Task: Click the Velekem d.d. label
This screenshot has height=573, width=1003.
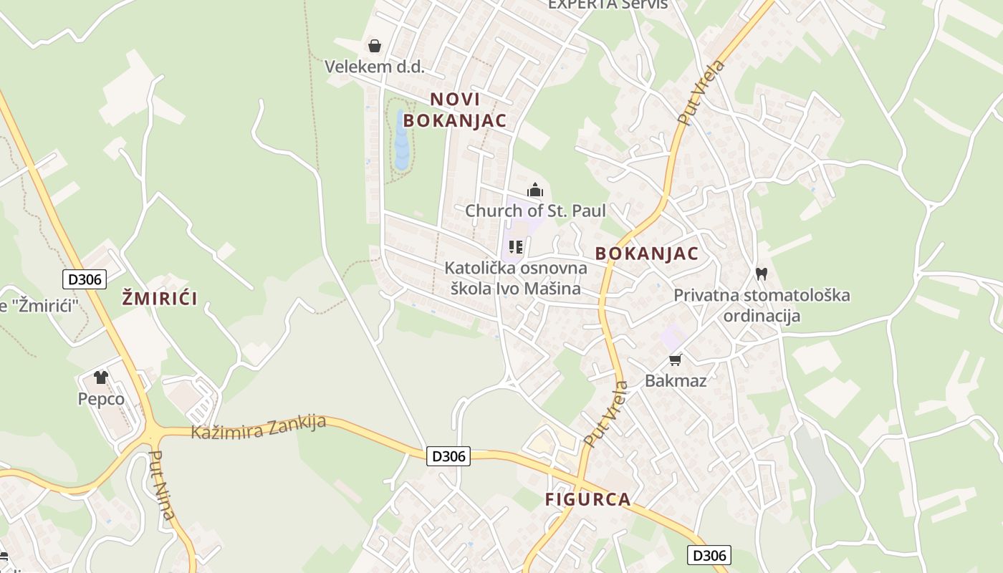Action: pyautogui.click(x=375, y=67)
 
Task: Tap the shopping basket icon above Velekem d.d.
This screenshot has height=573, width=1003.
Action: pyautogui.click(x=374, y=47)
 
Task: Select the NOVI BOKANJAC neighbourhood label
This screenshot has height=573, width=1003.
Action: pyautogui.click(x=454, y=110)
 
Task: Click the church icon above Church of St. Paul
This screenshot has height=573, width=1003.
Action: pyautogui.click(x=535, y=191)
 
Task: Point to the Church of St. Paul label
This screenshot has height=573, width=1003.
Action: pyautogui.click(x=535, y=211)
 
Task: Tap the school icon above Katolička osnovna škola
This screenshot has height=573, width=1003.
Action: pyautogui.click(x=515, y=248)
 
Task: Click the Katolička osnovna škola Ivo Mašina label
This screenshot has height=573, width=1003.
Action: pyautogui.click(x=515, y=279)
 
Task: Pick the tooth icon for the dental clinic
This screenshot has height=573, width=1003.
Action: pyautogui.click(x=761, y=274)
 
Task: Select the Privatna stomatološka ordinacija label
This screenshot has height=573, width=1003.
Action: pyautogui.click(x=762, y=305)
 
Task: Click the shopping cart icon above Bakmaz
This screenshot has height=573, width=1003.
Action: pyautogui.click(x=675, y=360)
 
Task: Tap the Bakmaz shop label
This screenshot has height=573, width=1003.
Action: pyautogui.click(x=676, y=380)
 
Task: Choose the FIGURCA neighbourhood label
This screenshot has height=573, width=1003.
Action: pyautogui.click(x=588, y=499)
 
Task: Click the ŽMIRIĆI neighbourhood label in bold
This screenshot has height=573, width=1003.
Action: pyautogui.click(x=159, y=298)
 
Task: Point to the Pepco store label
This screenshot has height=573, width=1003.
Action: pyautogui.click(x=101, y=399)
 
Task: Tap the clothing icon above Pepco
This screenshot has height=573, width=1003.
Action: pyautogui.click(x=100, y=377)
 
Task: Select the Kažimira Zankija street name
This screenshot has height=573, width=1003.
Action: pyautogui.click(x=259, y=427)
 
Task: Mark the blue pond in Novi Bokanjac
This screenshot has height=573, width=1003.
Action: pyautogui.click(x=401, y=140)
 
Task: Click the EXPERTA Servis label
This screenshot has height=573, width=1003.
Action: pyautogui.click(x=608, y=4)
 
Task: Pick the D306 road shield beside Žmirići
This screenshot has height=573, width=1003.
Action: pyautogui.click(x=85, y=279)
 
